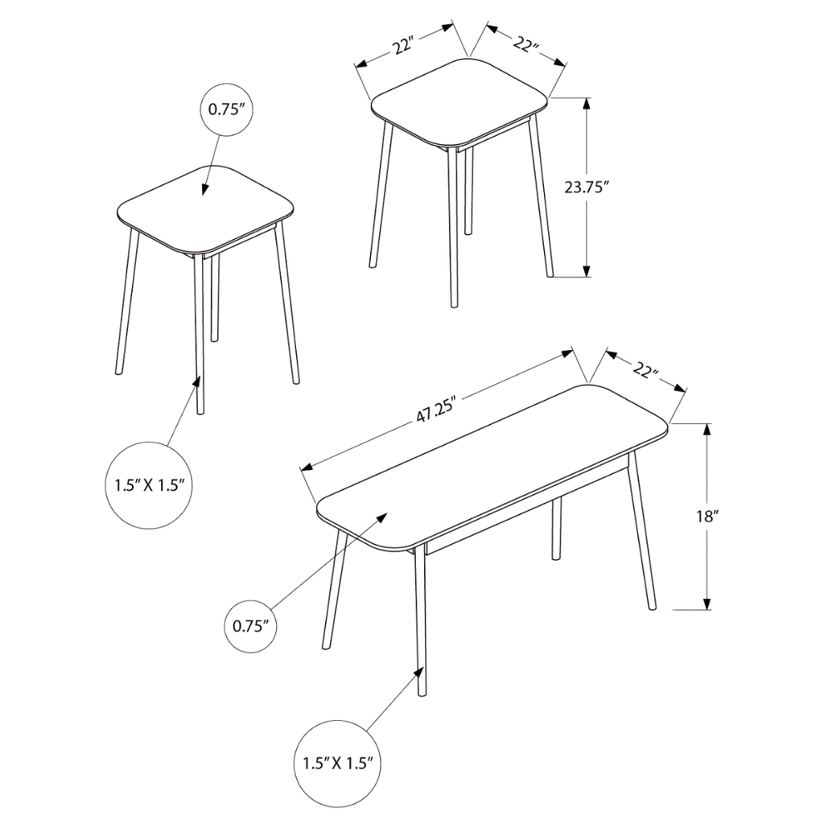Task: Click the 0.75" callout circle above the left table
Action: [227, 109]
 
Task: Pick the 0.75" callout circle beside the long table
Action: [251, 626]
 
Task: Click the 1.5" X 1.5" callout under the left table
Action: [150, 485]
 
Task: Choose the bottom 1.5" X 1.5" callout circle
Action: [337, 762]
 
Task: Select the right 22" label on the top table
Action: [525, 43]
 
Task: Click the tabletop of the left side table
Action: [205, 210]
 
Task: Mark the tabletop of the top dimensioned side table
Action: [459, 102]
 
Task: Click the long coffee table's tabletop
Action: [492, 468]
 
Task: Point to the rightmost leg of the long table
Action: [642, 531]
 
